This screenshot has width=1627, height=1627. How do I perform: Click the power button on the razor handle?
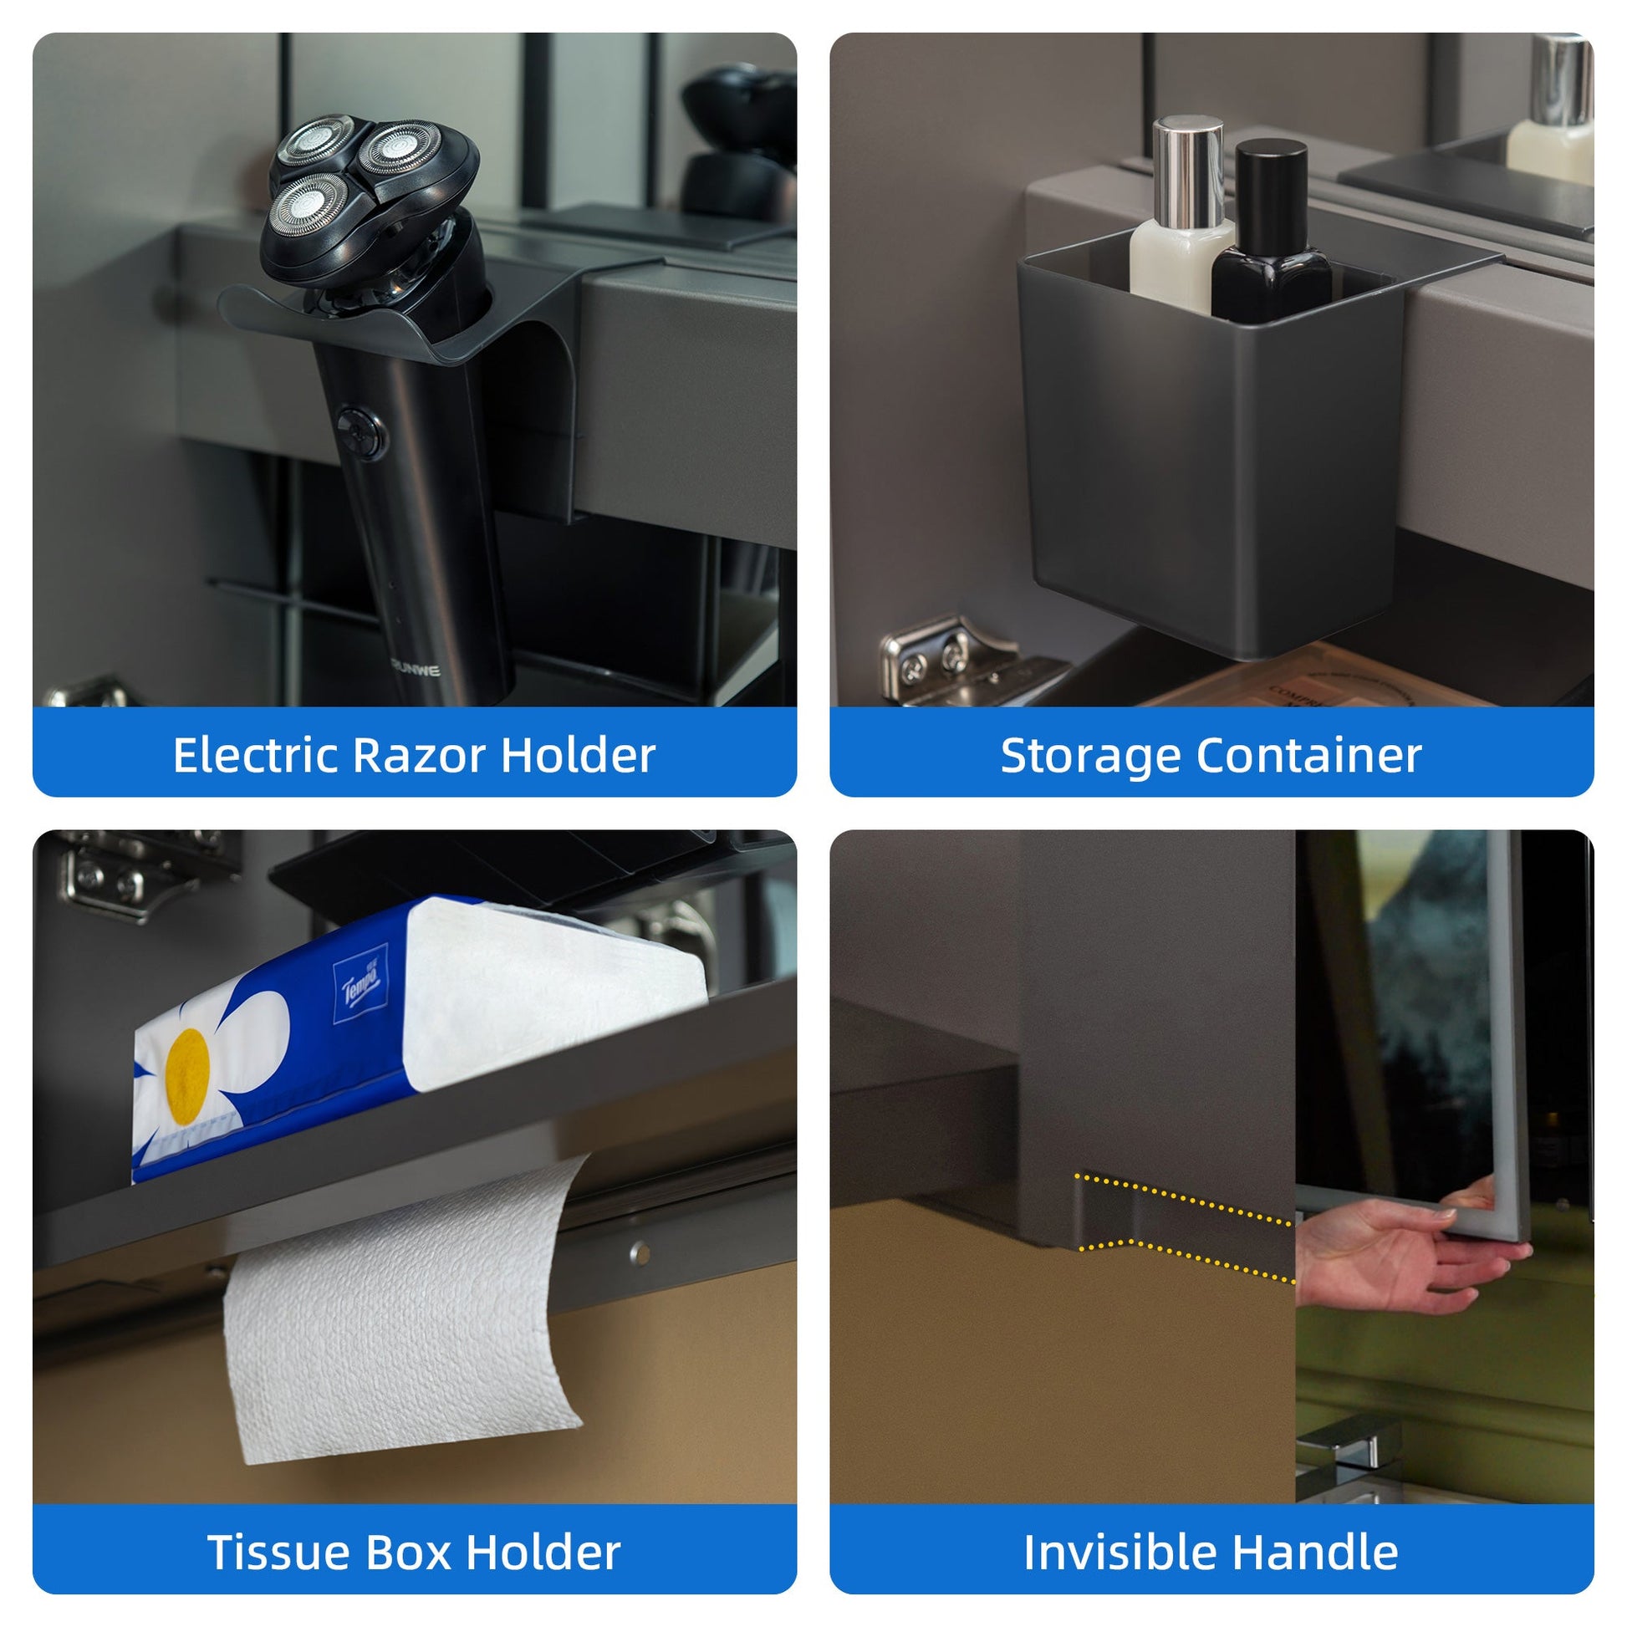coord(361,433)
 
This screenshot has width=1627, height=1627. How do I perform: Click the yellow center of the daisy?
coord(187,1076)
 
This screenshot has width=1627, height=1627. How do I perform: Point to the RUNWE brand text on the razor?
coord(416,671)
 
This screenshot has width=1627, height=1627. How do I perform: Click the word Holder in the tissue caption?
coord(543,1552)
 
